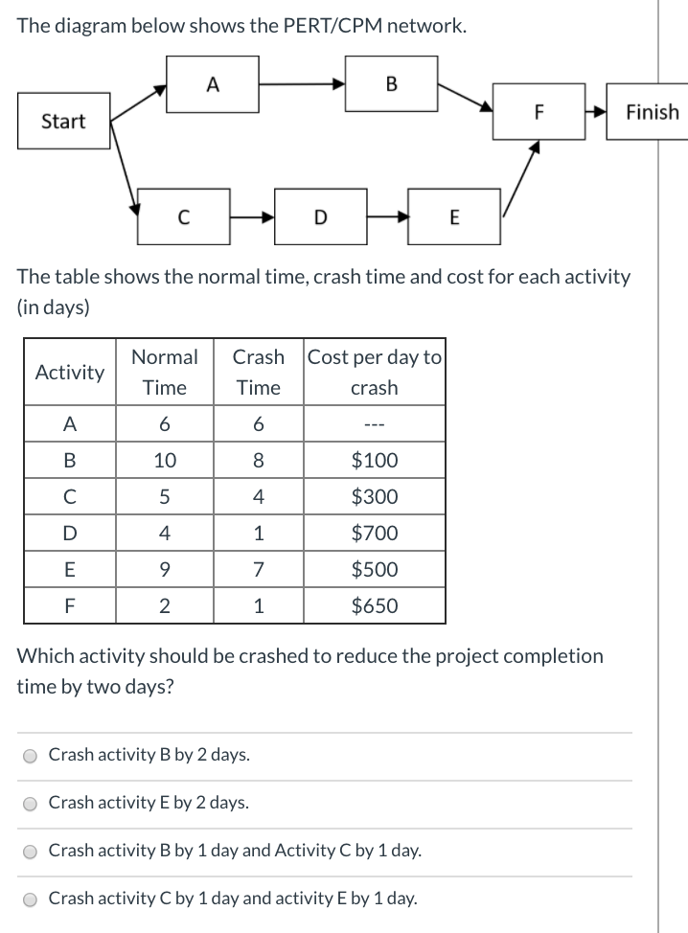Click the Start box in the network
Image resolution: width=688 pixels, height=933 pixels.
click(x=63, y=122)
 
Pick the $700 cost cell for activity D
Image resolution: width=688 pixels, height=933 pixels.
click(x=374, y=533)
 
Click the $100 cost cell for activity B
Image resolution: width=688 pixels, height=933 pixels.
click(x=374, y=460)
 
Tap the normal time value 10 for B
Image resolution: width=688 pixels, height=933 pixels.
click(x=165, y=460)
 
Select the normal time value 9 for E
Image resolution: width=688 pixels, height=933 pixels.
click(x=165, y=569)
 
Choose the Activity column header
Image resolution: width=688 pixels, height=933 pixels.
click(x=69, y=372)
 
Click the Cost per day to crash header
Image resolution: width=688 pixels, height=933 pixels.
click(x=374, y=372)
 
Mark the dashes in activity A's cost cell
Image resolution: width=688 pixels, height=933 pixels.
click(x=374, y=424)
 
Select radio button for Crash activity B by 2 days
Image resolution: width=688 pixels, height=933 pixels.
click(x=32, y=756)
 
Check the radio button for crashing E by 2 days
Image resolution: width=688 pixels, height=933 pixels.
click(x=32, y=804)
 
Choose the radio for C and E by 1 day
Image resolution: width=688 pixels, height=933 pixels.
click(x=32, y=899)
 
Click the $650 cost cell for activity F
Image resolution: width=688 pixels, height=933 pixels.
click(x=374, y=605)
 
